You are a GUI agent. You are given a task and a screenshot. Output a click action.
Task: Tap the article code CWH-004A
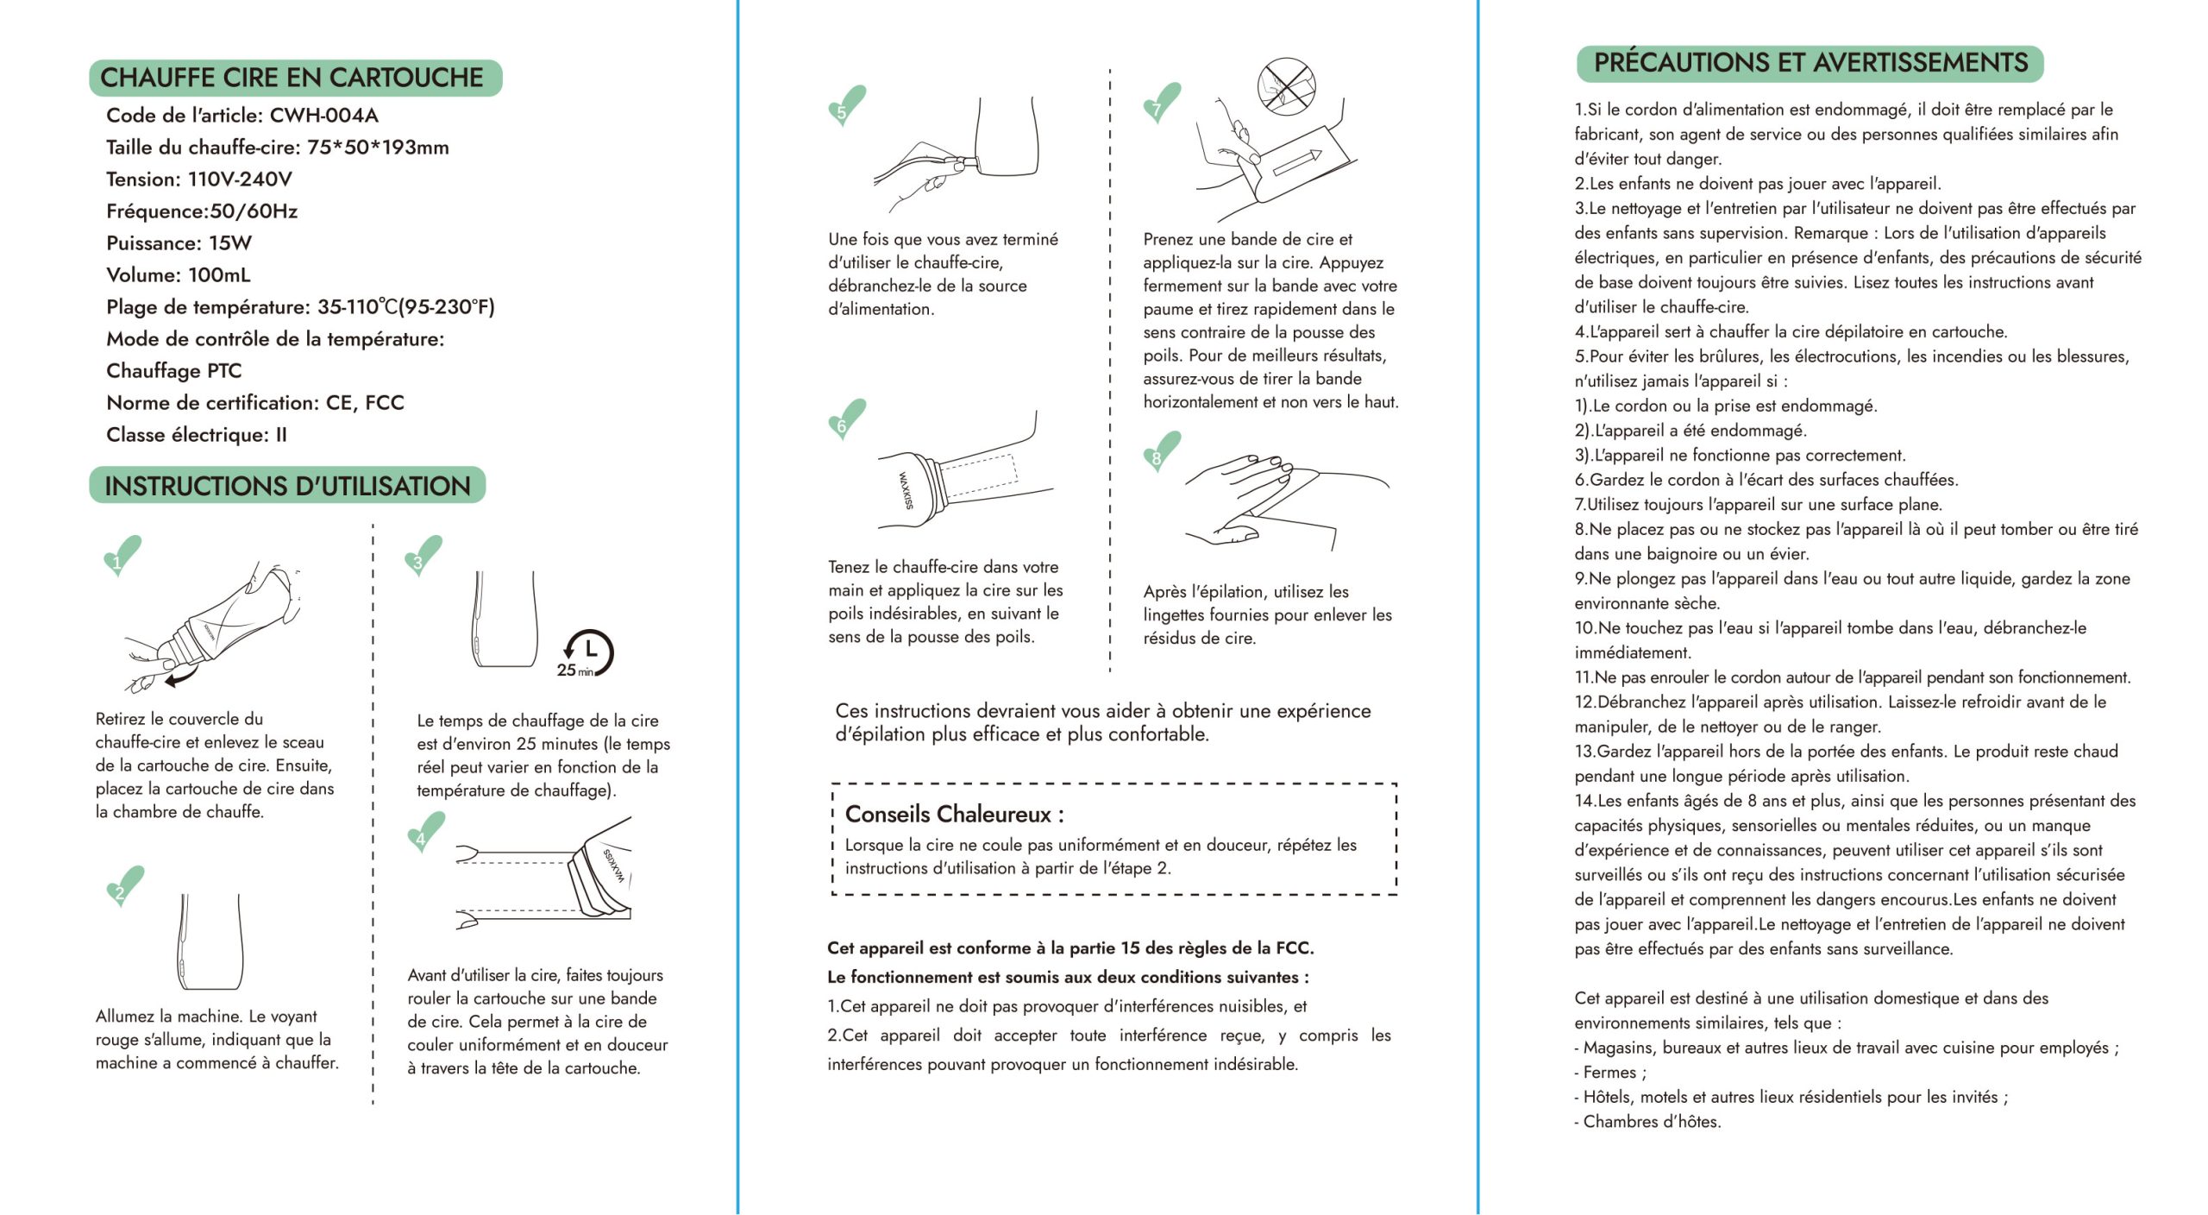tap(323, 116)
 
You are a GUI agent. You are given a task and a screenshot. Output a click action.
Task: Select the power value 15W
tap(230, 243)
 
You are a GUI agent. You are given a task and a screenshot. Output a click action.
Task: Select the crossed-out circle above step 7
tap(1285, 85)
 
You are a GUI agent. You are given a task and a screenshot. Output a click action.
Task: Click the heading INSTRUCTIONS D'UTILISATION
tap(287, 486)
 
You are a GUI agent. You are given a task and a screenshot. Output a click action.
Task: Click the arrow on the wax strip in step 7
tap(1297, 161)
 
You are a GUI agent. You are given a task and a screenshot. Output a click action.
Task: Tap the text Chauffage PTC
tap(173, 371)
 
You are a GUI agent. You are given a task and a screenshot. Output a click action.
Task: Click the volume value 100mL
tap(219, 275)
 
